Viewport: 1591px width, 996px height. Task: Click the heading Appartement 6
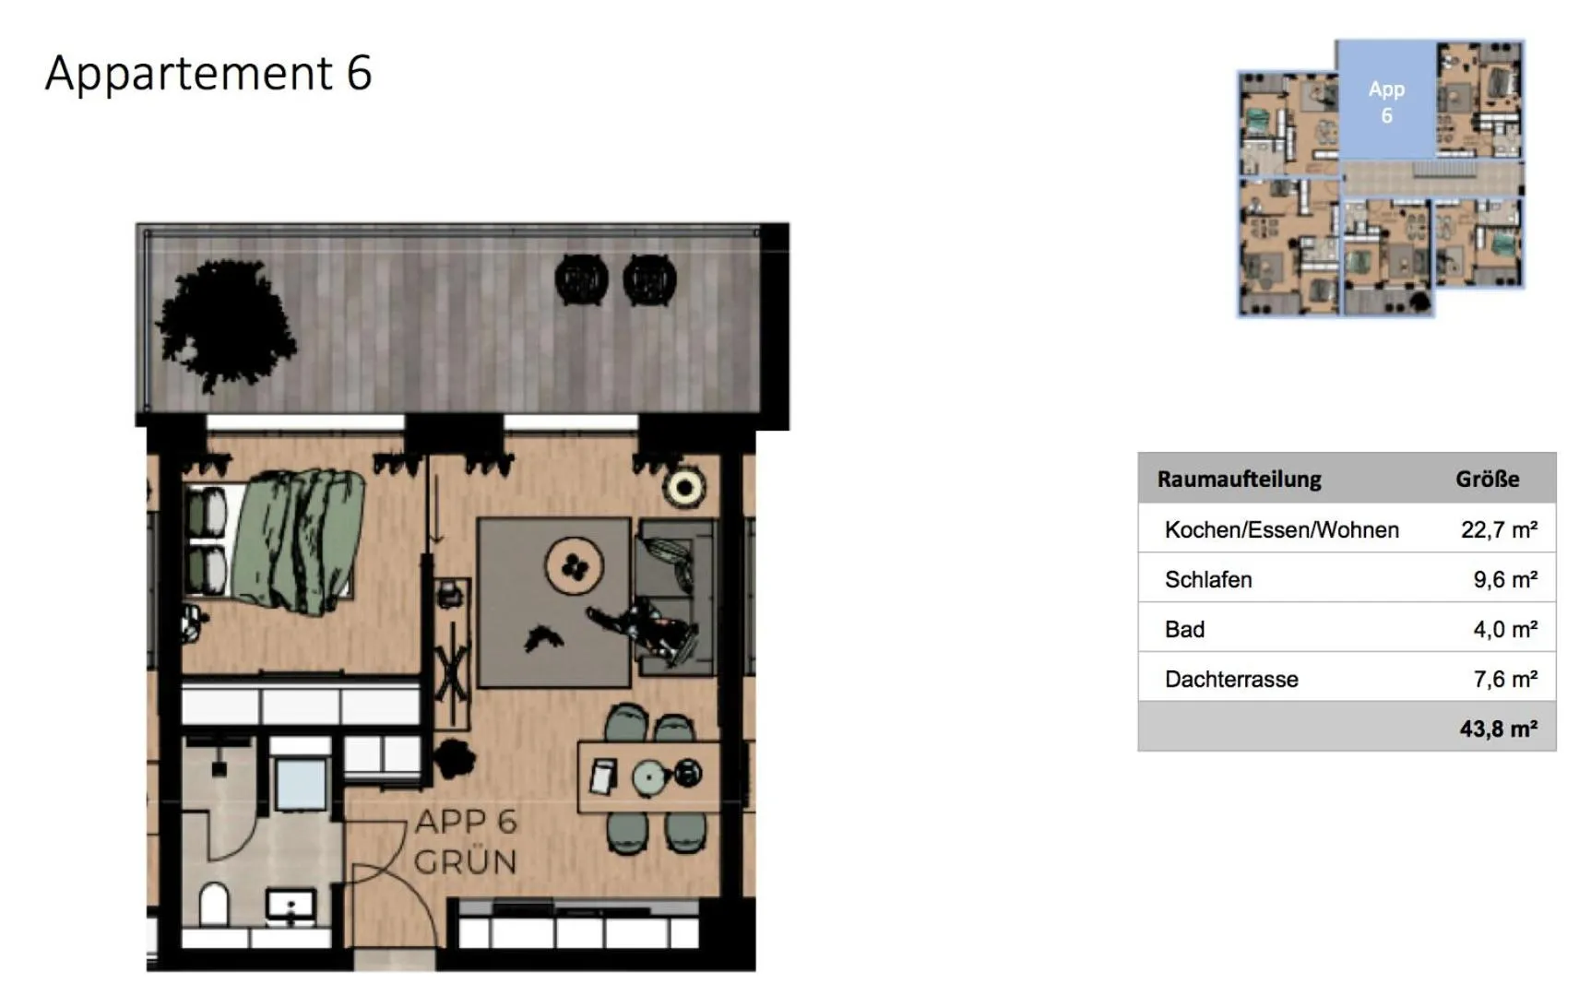click(x=208, y=73)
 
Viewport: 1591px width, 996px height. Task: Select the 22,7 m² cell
click(x=1498, y=529)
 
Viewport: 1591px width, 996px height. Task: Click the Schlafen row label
click(x=1207, y=579)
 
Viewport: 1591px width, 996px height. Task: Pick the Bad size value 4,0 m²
click(x=1504, y=629)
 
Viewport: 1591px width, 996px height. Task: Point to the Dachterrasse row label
click(x=1230, y=679)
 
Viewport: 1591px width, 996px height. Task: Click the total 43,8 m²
click(x=1497, y=729)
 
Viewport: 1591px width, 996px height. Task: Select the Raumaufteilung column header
click(x=1239, y=479)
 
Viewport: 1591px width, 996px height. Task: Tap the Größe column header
click(x=1487, y=479)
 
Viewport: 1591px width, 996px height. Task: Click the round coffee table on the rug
click(x=574, y=565)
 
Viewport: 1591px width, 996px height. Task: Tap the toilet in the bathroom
click(x=214, y=904)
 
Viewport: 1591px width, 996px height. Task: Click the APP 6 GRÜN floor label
click(x=465, y=842)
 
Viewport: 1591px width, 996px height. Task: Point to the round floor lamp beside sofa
click(x=684, y=487)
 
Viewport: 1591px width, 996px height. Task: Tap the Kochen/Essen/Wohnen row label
click(x=1281, y=529)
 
